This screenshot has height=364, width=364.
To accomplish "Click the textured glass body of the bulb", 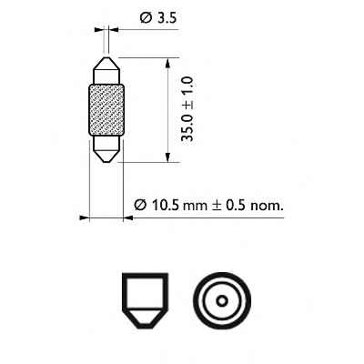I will [107, 110].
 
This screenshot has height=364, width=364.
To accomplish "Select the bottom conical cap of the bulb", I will [107, 149].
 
